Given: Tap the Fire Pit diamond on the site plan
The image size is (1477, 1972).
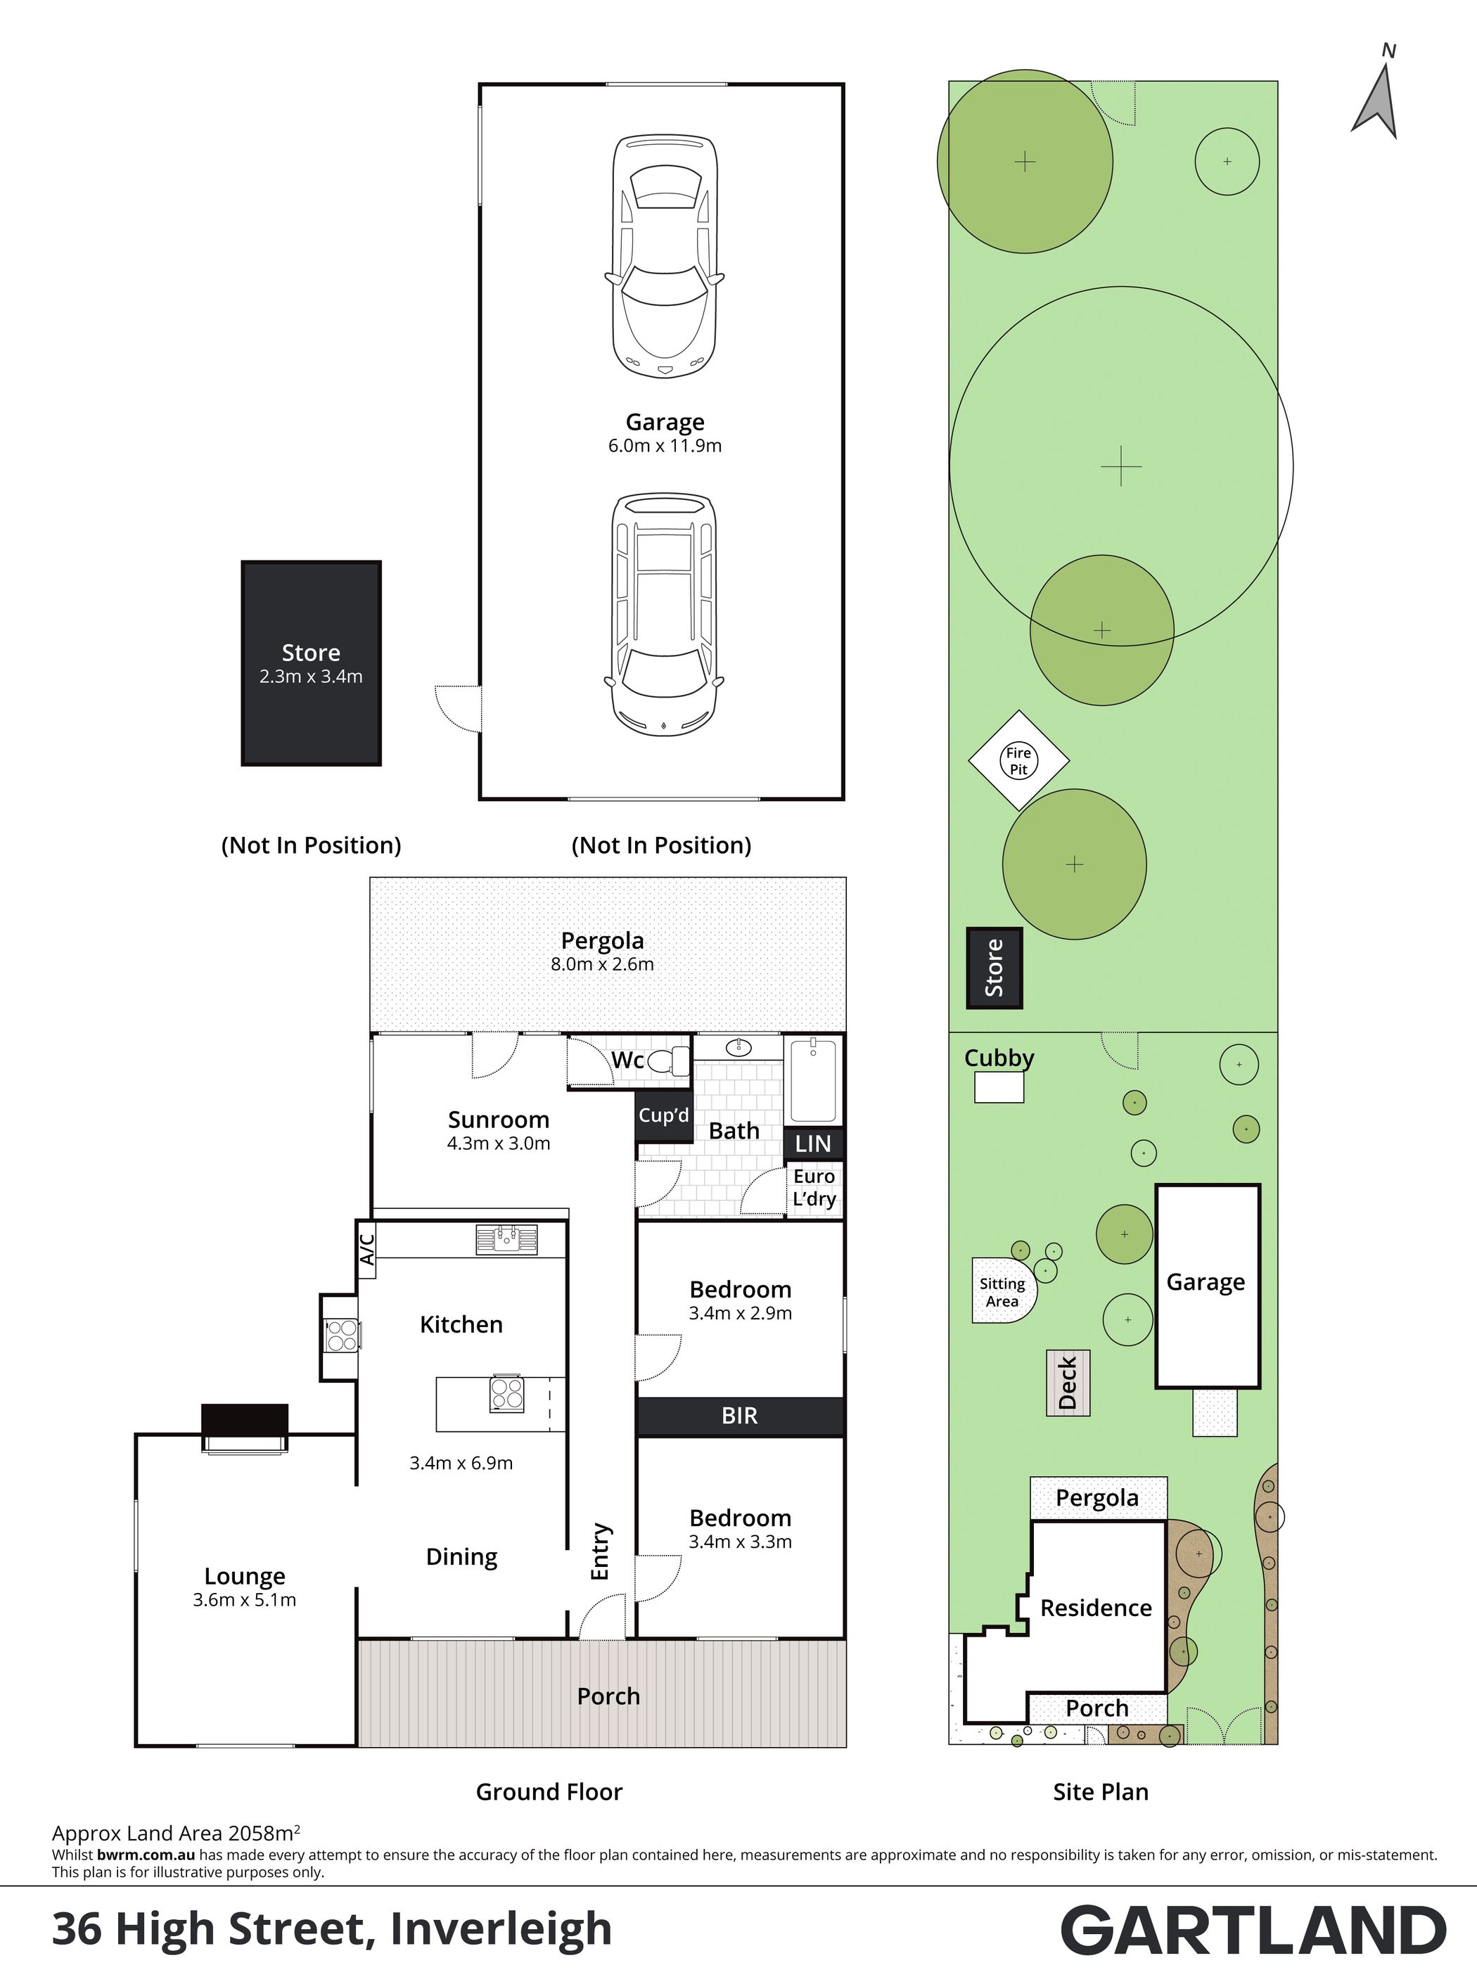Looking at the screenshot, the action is coord(1019,760).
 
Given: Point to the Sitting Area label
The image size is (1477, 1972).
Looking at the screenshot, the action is coord(1002,1292).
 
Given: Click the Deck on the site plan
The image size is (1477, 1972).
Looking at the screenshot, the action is coord(1068,1383).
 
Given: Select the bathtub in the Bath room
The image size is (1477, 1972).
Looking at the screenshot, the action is coord(813,1080).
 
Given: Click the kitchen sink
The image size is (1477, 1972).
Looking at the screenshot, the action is coord(506,1239).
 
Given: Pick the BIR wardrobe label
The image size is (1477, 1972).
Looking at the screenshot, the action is coord(739,1416).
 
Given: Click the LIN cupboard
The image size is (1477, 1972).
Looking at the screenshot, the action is coord(813,1144).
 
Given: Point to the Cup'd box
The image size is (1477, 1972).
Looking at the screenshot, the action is coord(664,1116).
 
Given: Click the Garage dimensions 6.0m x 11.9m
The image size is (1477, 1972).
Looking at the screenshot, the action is coord(665,446).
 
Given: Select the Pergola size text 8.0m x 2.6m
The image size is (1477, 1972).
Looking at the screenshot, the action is coord(603,963).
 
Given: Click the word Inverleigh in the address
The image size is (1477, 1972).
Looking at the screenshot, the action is coord(501,1928).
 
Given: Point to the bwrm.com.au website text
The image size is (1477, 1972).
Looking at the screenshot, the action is coord(146,1855).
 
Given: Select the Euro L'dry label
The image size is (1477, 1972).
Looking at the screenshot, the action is coord(814,1187).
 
